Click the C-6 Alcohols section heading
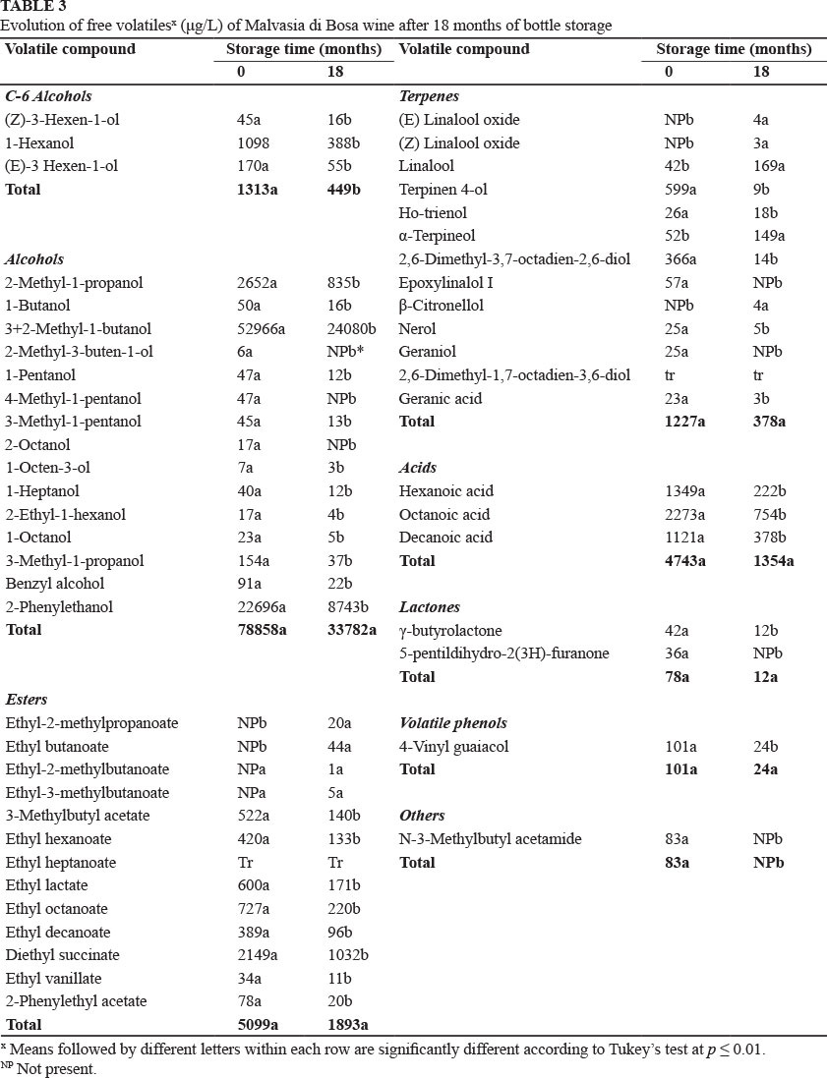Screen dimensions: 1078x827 [47, 96]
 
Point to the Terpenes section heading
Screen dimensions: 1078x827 [429, 96]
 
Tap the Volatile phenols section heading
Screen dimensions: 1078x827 [452, 723]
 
